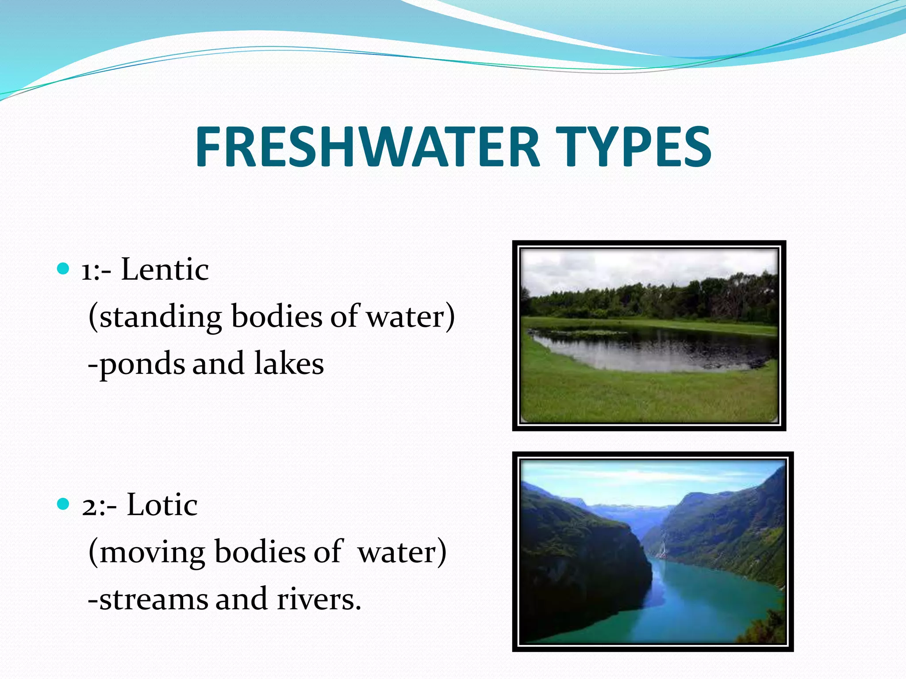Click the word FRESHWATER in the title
point(367,147)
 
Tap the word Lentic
point(165,270)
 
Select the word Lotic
point(162,505)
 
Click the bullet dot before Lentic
point(64,268)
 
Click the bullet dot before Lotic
point(64,504)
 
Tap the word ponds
point(142,365)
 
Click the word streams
point(153,600)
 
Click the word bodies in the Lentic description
point(277,317)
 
